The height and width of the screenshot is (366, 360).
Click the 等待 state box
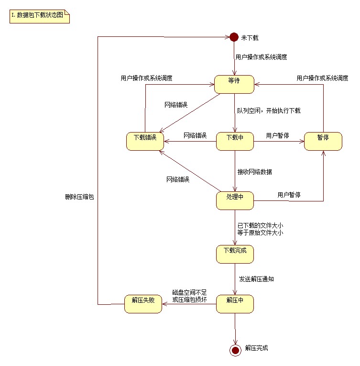tap(234, 84)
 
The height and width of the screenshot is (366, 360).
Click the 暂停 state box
tap(323, 141)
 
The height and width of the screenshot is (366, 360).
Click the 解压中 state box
tap(234, 304)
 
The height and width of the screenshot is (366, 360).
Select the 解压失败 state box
tap(143, 304)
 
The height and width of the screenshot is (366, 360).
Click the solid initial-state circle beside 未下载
tap(234, 37)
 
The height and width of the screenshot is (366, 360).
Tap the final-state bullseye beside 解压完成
tap(235, 351)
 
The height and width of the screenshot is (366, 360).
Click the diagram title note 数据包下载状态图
tap(40, 16)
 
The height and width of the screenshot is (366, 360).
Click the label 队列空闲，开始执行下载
tap(268, 111)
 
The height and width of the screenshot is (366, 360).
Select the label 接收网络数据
tap(254, 171)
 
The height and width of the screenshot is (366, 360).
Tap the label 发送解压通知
tap(256, 278)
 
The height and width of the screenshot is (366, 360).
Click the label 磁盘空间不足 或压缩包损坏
tap(189, 296)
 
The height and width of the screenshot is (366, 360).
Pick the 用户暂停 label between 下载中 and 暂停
tap(277, 135)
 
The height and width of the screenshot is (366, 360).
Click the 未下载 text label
tap(250, 38)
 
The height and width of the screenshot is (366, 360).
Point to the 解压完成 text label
tap(256, 348)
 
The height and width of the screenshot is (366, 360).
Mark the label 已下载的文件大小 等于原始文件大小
tap(260, 229)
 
